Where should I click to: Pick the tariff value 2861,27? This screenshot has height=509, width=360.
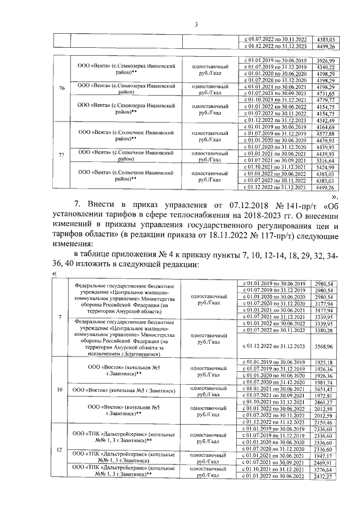325,403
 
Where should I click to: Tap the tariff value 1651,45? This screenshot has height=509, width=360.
325,389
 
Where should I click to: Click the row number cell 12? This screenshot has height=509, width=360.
60,449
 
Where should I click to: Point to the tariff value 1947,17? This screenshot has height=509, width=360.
325,455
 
